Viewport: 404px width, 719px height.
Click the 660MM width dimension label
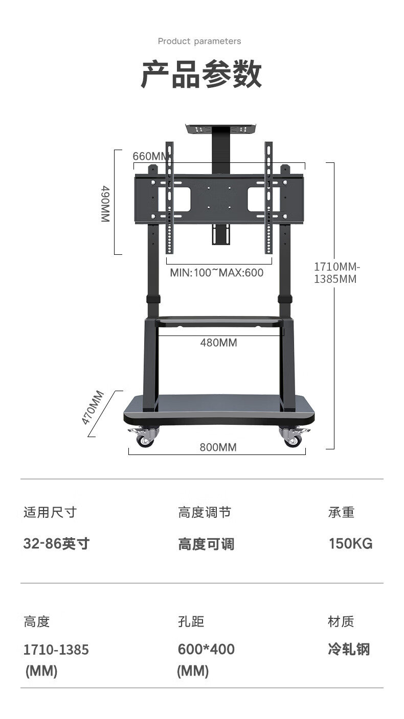click(x=150, y=156)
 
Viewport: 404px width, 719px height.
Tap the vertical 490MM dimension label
click(x=105, y=204)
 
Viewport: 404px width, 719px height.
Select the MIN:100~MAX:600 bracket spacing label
click(x=217, y=273)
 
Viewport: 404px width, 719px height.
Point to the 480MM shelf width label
click(x=218, y=343)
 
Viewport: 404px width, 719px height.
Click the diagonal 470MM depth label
click(x=93, y=408)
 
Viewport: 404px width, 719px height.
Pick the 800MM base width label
click(x=218, y=447)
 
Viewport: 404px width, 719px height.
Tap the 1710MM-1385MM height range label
click(x=337, y=273)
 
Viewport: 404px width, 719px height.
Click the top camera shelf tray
click(x=222, y=129)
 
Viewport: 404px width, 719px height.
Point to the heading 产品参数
click(x=201, y=74)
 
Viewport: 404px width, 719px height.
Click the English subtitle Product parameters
click(x=199, y=41)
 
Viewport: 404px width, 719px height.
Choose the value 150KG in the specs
click(x=351, y=544)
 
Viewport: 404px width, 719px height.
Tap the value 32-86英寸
click(x=56, y=544)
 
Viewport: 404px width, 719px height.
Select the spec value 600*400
click(x=206, y=650)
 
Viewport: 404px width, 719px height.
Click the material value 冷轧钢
click(x=349, y=649)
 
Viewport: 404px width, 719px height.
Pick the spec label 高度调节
click(x=205, y=512)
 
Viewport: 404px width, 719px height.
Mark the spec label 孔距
click(x=191, y=621)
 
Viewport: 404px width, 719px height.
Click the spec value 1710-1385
click(x=56, y=650)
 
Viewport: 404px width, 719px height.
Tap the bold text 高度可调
click(x=206, y=544)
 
